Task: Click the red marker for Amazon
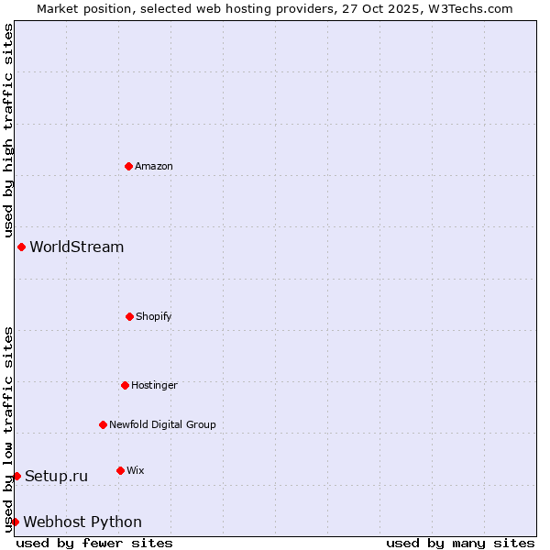[x=128, y=166]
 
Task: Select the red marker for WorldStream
[x=21, y=247]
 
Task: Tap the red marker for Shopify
[x=129, y=316]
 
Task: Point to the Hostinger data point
[x=125, y=385]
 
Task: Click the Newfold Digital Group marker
[x=103, y=424]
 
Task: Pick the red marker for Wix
[x=120, y=470]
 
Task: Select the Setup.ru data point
[x=16, y=476]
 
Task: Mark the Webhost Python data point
[x=15, y=522]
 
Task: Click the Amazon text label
[x=154, y=166]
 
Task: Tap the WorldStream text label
[x=77, y=247]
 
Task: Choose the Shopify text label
[x=154, y=316]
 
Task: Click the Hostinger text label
[x=154, y=385]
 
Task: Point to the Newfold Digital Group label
[x=163, y=424]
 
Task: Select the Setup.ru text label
[x=57, y=476]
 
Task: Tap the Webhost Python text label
[x=82, y=522]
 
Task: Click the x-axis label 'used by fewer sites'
[x=94, y=543]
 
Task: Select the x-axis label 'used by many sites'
[x=460, y=543]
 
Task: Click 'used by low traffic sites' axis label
[x=8, y=429]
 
